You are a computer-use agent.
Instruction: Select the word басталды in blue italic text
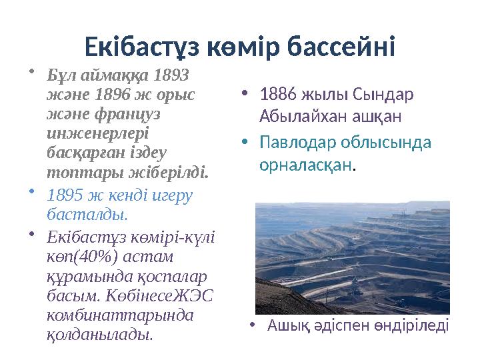click(86, 215)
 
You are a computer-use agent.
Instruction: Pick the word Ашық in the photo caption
click(283, 325)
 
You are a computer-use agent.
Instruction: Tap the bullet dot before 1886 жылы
click(245, 92)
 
